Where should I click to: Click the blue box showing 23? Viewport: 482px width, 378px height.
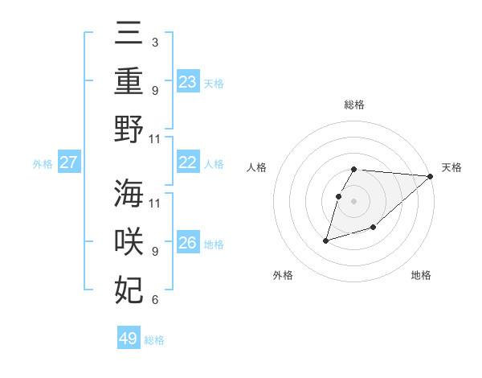(x=188, y=81)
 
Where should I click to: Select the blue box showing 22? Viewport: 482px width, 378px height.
(x=188, y=162)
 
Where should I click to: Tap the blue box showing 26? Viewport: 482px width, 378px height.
(x=188, y=243)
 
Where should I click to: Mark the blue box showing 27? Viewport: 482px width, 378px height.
(x=68, y=162)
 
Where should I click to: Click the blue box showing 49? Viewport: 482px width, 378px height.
(x=129, y=339)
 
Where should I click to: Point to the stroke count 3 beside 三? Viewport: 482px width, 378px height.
(x=154, y=41)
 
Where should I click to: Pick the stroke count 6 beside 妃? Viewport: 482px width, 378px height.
(x=154, y=300)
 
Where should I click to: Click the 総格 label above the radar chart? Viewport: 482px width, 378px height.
(x=353, y=105)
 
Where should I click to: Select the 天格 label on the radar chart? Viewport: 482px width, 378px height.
(x=451, y=167)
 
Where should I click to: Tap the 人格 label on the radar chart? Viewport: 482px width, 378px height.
(x=257, y=167)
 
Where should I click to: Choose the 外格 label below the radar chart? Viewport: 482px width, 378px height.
(x=283, y=276)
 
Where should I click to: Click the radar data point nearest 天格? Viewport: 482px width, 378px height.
(x=431, y=176)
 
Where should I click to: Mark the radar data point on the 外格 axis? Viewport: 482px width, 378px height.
(x=325, y=240)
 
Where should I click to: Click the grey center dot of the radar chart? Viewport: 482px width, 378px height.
(x=353, y=201)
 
